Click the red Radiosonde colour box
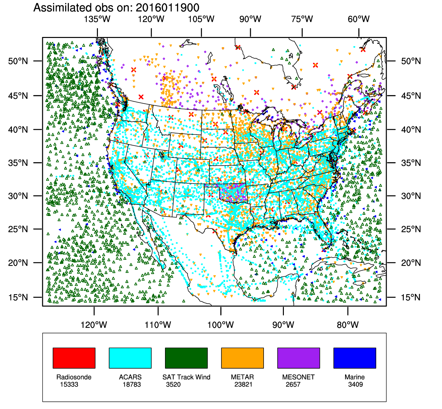tap(74, 358)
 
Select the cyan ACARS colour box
tap(130, 358)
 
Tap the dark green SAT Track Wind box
tap(186, 358)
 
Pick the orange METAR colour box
tap(242, 358)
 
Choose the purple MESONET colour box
tap(299, 358)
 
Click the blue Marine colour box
tap(355, 358)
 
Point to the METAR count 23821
tap(243, 384)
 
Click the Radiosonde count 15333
tap(69, 384)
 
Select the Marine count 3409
tap(356, 384)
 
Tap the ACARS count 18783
tap(132, 384)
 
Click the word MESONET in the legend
tap(298, 377)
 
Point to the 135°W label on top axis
tap(97, 19)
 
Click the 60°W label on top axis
tap(359, 19)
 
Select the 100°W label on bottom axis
tap(221, 325)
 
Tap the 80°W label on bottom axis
tap(348, 325)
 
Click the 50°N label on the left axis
tap(18, 61)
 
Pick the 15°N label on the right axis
tap(411, 297)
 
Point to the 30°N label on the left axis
tap(18, 196)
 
